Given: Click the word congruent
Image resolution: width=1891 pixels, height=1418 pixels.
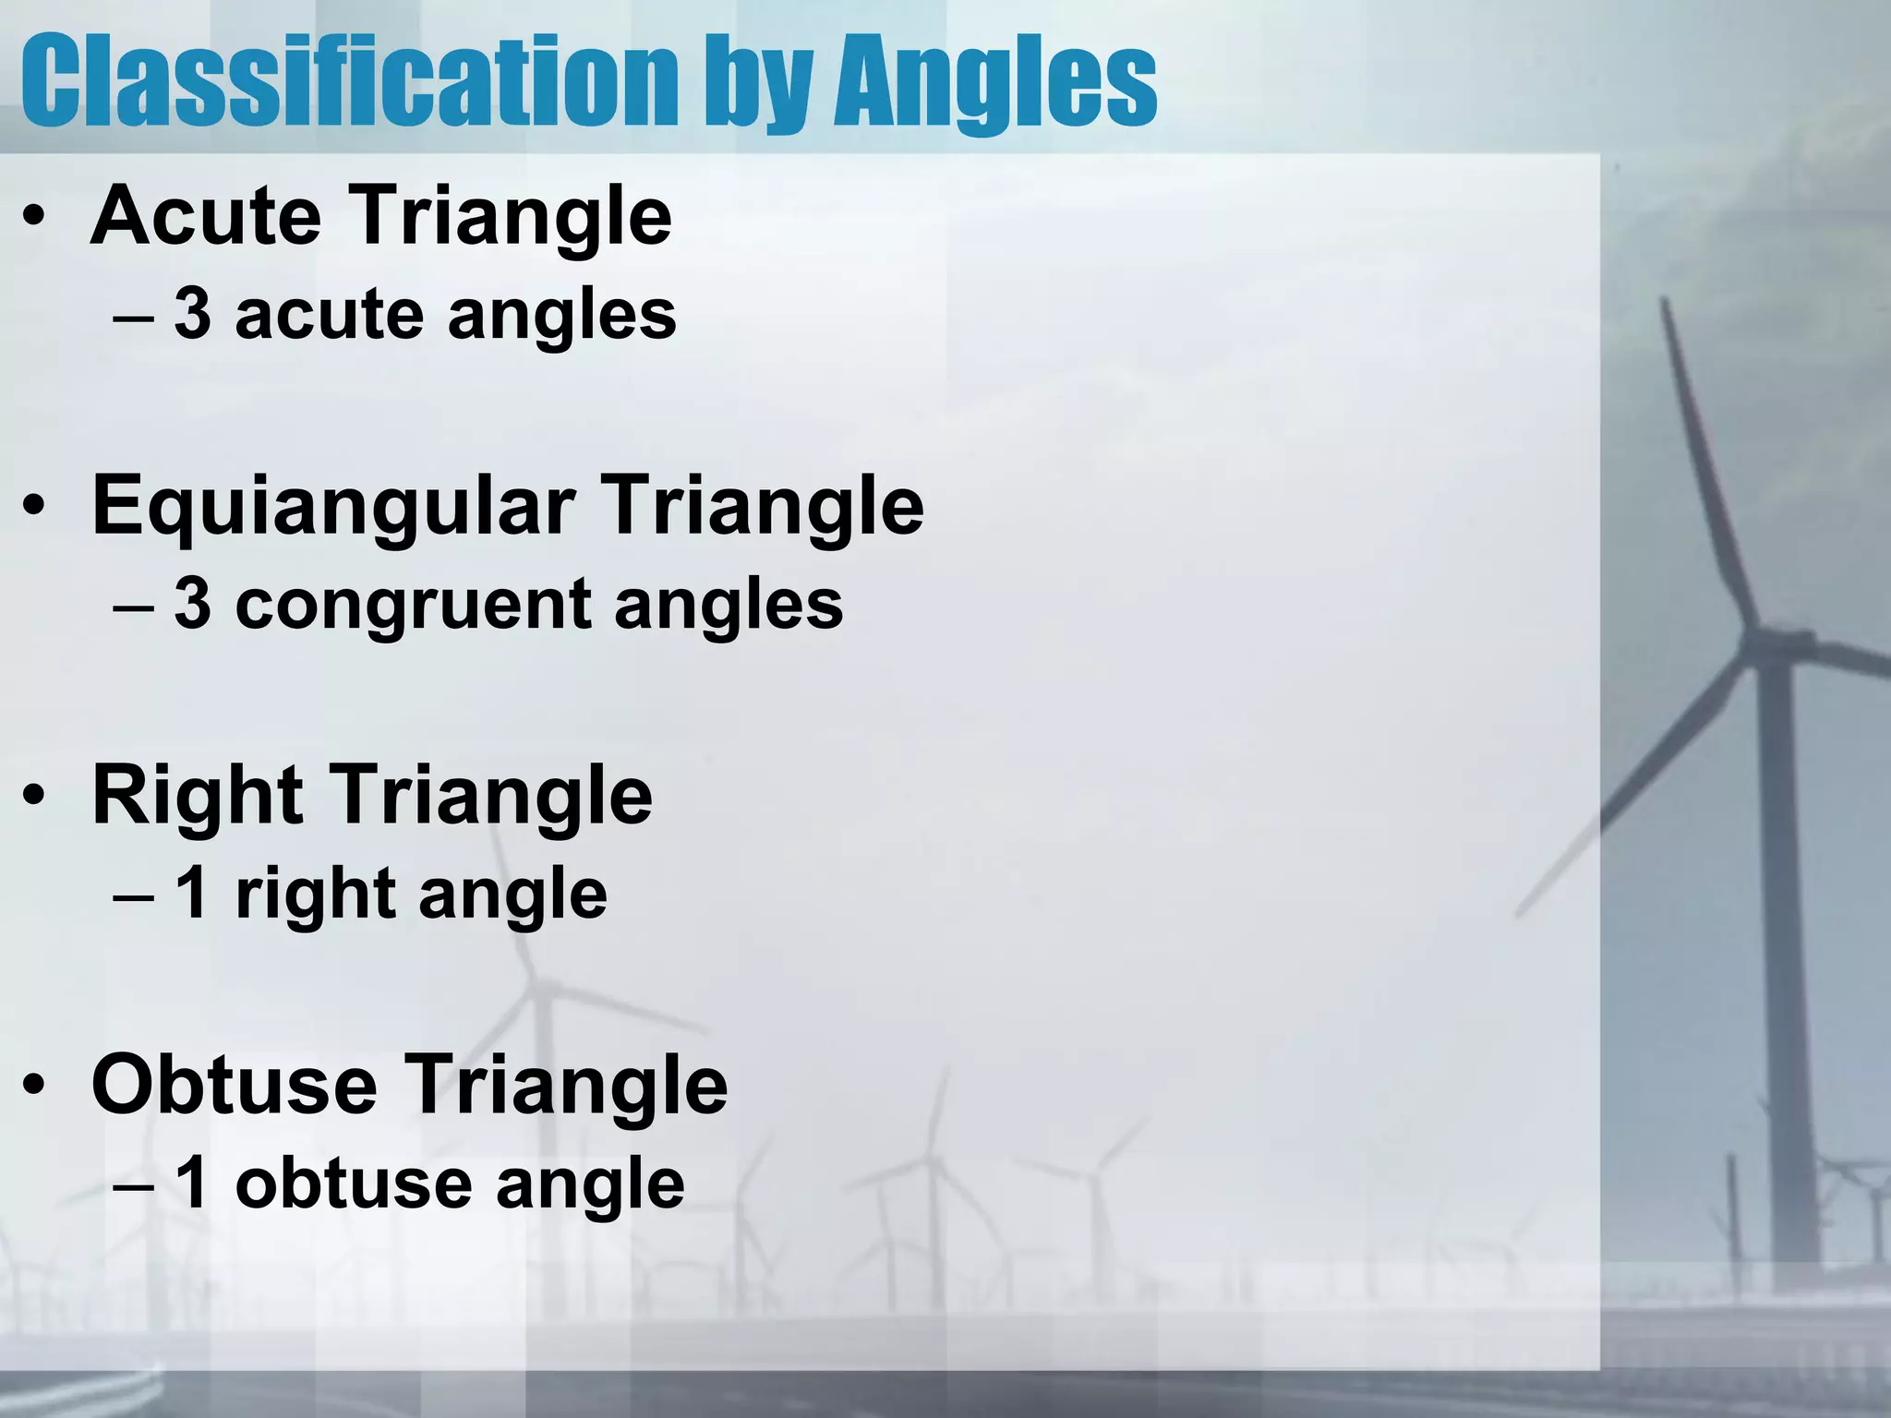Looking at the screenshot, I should click(x=413, y=605).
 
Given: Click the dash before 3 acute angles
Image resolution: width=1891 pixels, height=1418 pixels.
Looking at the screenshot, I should click(x=133, y=318).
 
